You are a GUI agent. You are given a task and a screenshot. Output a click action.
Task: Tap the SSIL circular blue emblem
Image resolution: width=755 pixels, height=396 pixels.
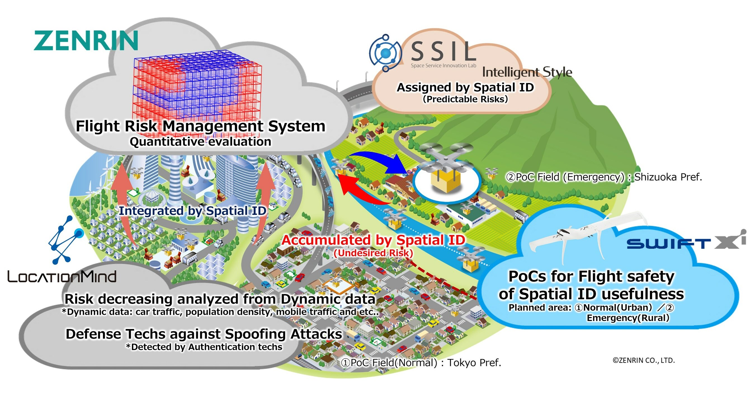385,53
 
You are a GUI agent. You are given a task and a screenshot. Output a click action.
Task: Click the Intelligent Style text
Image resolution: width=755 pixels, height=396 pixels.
527,72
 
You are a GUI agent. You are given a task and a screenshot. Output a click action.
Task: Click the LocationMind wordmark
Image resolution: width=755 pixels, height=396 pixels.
62,277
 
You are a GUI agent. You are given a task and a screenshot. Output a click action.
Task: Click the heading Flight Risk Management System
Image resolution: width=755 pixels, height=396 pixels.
200,126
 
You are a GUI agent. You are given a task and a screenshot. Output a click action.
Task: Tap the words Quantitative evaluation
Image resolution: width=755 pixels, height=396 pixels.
200,142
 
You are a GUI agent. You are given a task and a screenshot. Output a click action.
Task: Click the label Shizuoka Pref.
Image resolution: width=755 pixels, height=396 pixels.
668,177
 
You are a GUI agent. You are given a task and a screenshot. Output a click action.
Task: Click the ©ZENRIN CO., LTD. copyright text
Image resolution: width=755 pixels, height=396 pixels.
644,360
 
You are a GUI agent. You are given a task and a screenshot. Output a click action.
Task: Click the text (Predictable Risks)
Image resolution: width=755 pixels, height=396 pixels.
465,99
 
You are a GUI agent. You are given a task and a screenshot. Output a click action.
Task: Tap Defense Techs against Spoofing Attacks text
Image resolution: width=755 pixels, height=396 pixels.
204,334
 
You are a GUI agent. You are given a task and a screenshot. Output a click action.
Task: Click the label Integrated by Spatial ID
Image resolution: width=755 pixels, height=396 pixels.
192,211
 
